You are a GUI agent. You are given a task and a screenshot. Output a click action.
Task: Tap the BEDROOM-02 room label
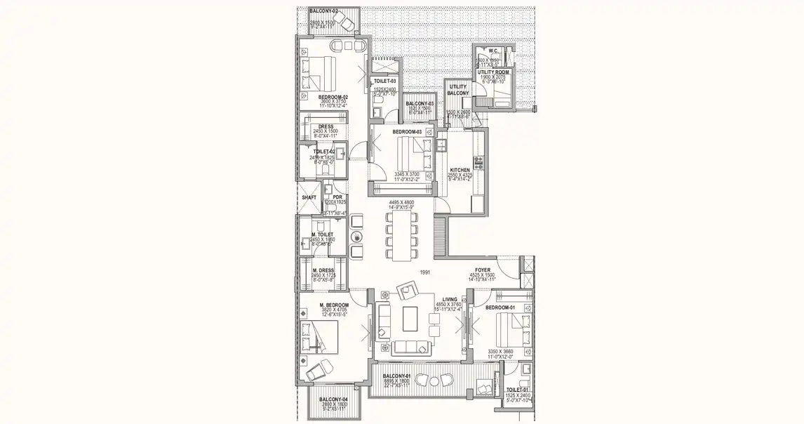point(333,97)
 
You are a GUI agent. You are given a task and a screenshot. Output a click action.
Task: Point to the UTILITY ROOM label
point(493,72)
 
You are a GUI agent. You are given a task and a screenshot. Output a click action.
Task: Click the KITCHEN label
point(460,170)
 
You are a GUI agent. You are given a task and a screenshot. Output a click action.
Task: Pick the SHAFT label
point(309,198)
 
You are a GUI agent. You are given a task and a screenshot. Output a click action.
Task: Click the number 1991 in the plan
point(424,272)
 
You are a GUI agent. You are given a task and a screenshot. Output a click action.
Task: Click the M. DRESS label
point(323,270)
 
